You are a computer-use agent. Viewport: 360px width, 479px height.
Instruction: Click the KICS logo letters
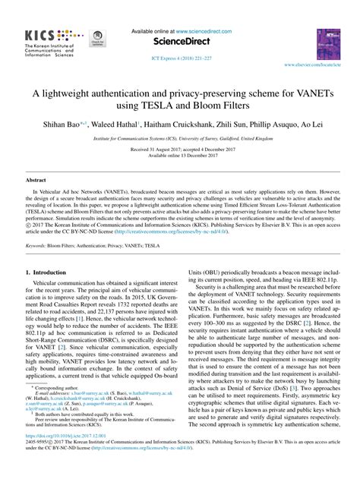[47, 36]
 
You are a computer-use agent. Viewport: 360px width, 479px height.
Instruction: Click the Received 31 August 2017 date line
[179, 150]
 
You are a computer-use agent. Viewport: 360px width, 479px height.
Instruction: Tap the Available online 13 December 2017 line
[179, 156]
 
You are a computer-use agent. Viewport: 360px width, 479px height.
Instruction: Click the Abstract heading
[36, 180]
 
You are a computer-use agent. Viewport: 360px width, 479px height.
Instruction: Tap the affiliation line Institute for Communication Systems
[179, 140]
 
